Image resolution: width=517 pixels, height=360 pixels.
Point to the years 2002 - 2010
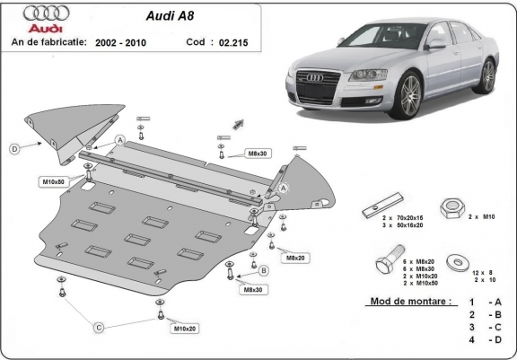(x=120, y=42)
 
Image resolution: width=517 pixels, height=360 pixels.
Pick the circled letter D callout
(x=15, y=148)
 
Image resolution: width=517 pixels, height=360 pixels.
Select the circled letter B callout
(x=264, y=270)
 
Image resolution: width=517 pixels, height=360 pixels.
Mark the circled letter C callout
(x=101, y=329)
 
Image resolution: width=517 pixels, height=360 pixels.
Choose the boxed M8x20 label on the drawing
(x=294, y=258)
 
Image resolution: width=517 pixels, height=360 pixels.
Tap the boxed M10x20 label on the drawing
(x=184, y=329)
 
